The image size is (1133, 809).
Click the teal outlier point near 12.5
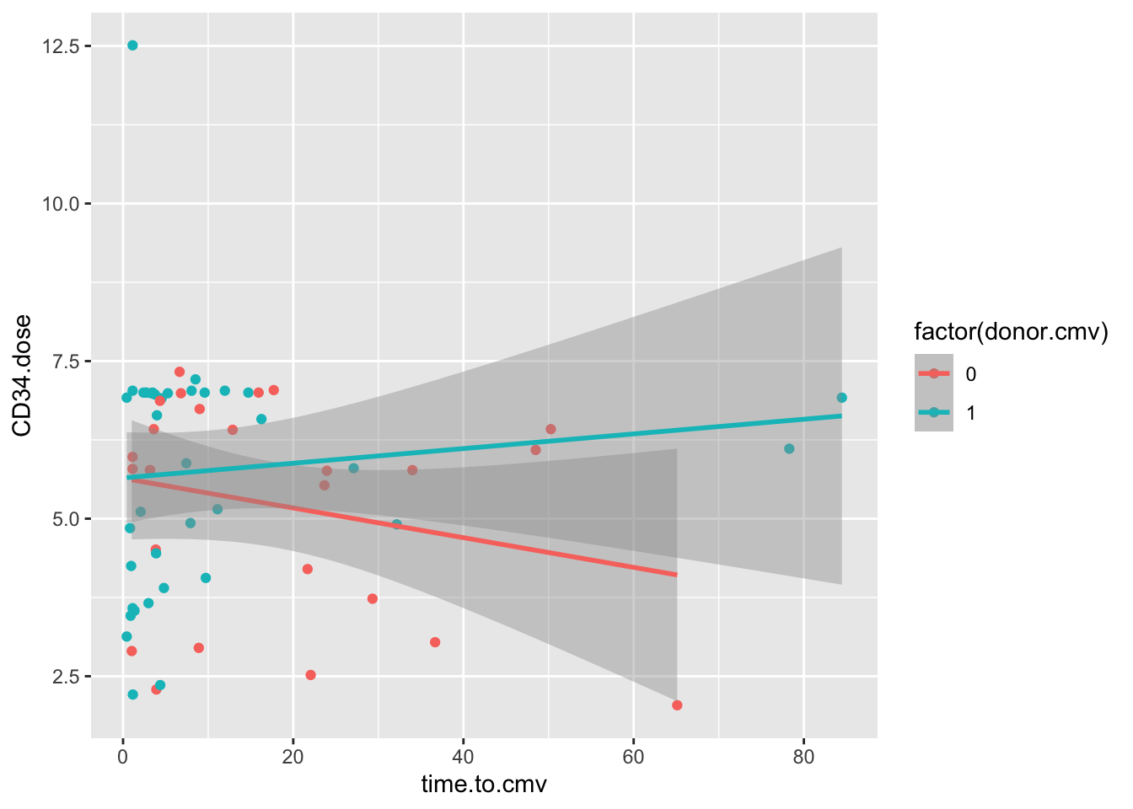click(132, 46)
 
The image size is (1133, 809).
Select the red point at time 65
click(677, 705)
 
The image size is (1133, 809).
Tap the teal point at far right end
click(841, 398)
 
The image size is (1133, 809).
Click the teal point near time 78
click(789, 449)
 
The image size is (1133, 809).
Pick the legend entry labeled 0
click(970, 374)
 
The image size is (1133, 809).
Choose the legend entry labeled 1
click(970, 413)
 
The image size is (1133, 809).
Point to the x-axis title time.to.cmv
click(484, 785)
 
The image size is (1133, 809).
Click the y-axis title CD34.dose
click(23, 376)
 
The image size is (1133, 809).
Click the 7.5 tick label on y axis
click(66, 362)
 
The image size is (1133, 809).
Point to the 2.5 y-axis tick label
click(66, 677)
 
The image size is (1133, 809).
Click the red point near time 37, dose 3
click(435, 642)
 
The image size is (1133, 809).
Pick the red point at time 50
click(550, 429)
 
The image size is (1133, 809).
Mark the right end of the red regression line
click(676, 575)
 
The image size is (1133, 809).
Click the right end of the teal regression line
click(840, 415)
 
